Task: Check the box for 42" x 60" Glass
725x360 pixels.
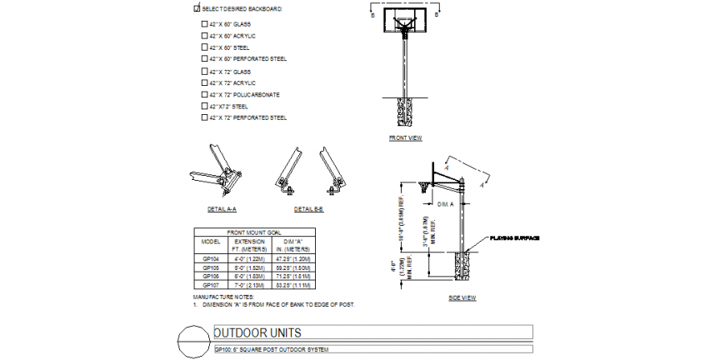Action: pos(204,24)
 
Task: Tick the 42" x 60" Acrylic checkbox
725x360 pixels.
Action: pos(204,36)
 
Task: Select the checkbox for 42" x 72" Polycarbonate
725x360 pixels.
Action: pos(204,94)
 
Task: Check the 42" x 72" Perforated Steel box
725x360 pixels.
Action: pos(204,117)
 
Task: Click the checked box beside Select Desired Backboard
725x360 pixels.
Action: pos(197,8)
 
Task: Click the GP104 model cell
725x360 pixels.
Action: pos(210,259)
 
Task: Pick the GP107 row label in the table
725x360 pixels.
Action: pos(210,284)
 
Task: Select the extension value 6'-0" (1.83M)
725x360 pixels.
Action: pos(248,276)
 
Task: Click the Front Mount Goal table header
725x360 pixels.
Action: pos(254,232)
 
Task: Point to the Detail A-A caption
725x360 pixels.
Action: pos(222,208)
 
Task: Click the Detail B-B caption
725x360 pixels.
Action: pos(309,208)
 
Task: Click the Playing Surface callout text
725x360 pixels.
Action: pos(515,238)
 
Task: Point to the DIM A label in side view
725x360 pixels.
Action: pos(446,203)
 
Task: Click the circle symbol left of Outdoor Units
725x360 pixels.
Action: pos(192,342)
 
